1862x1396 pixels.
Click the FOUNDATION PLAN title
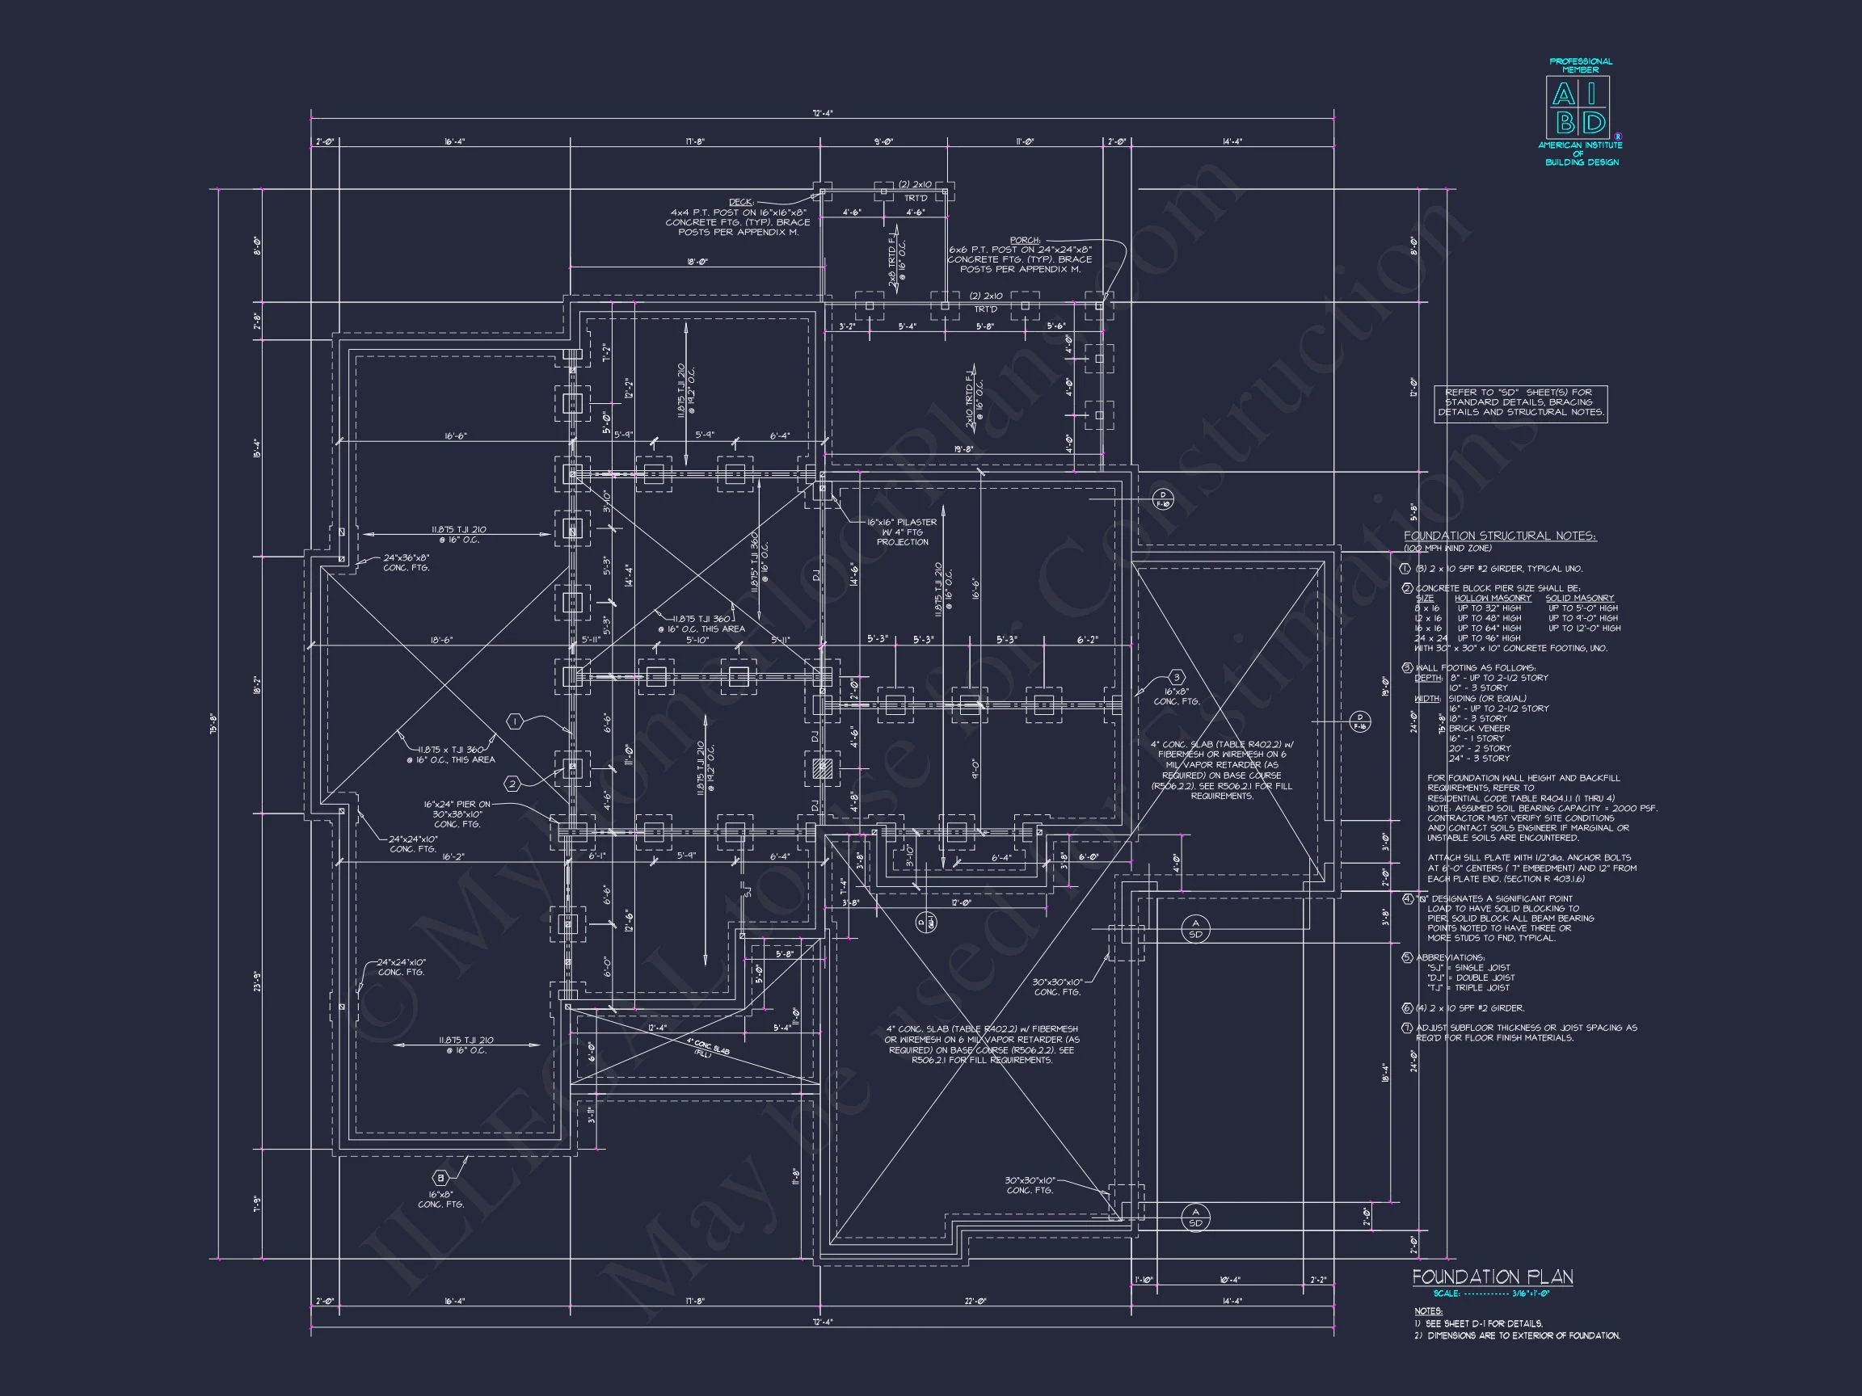point(1492,1276)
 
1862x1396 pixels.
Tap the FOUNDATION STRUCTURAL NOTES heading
point(1499,536)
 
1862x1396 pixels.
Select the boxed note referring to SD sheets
point(1520,403)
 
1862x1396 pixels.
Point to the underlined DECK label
point(740,202)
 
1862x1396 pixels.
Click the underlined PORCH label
point(1025,240)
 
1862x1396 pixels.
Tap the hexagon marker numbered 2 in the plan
point(512,784)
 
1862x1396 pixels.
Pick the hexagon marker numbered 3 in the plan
point(1177,677)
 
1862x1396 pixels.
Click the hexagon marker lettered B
point(440,1177)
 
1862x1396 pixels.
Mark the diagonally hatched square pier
point(823,768)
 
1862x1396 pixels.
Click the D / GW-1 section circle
point(925,923)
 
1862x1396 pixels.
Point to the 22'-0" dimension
point(975,1301)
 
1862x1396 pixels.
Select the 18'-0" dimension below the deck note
point(697,262)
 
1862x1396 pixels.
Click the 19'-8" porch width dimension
point(964,449)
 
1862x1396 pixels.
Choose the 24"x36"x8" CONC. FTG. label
point(406,562)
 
